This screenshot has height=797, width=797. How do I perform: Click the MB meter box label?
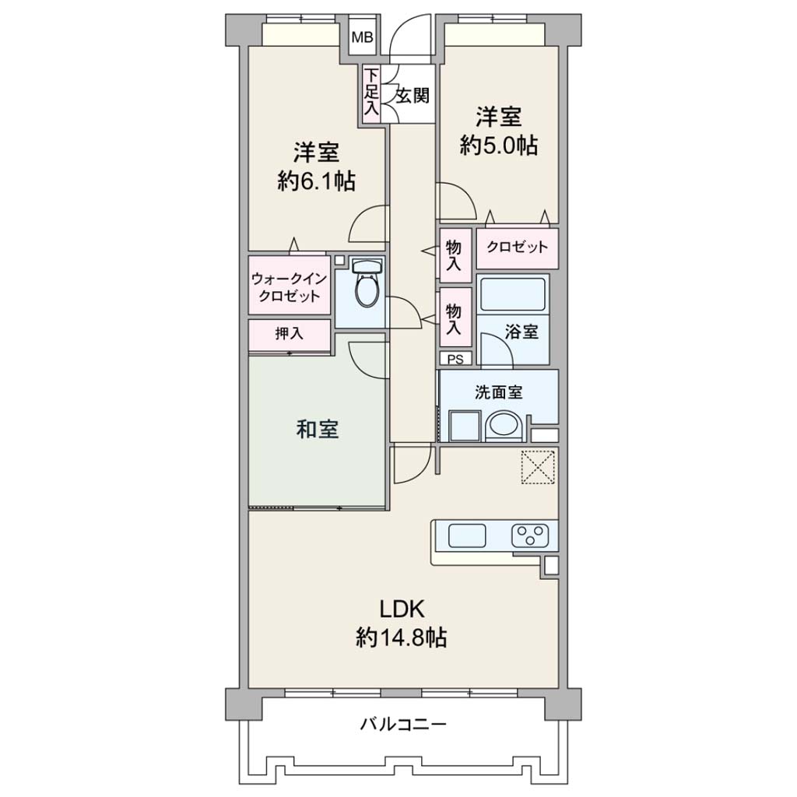click(362, 37)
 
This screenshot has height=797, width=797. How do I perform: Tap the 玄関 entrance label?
click(413, 96)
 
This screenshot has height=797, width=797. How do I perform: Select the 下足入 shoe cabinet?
click(371, 93)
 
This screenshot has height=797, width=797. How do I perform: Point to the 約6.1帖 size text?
click(316, 181)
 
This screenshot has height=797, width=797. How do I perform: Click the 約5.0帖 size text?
click(499, 146)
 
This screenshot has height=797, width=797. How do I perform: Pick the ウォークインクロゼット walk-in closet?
click(290, 286)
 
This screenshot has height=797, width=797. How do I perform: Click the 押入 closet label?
click(290, 333)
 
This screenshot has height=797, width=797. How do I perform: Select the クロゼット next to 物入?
click(517, 248)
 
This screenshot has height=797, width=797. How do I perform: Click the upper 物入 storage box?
click(455, 255)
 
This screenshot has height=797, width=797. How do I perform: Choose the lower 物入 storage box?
click(455, 318)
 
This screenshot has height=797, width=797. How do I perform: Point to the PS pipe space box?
click(455, 359)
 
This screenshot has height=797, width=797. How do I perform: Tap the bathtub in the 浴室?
click(512, 293)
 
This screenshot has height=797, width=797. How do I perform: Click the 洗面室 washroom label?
click(498, 392)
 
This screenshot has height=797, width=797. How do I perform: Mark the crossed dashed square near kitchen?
click(538, 467)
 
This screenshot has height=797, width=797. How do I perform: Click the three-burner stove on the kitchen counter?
click(529, 535)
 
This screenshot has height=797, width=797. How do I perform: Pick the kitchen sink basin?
click(467, 535)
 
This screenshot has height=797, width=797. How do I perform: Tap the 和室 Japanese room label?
click(318, 430)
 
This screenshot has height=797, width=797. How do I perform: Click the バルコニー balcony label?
click(403, 723)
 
